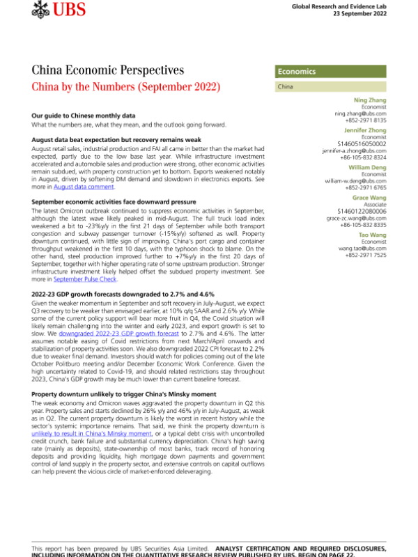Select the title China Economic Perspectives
pyautogui.click(x=108, y=70)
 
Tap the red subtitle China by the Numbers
pyautogui.click(x=126, y=88)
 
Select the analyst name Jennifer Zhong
pyautogui.click(x=366, y=130)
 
